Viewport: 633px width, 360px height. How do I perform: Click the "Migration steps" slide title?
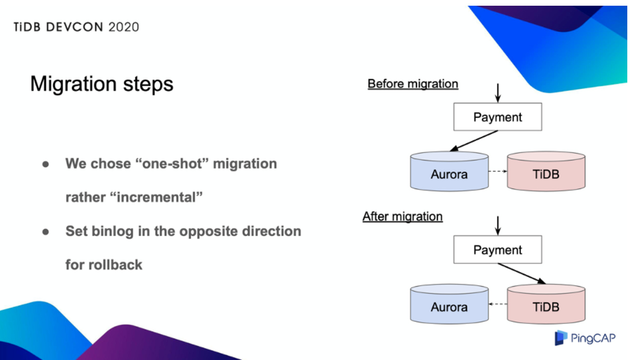pos(102,84)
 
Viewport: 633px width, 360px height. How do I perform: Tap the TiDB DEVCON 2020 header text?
pos(77,27)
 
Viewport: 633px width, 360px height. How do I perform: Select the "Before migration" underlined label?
pos(413,84)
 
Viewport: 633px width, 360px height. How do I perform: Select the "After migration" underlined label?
pos(403,217)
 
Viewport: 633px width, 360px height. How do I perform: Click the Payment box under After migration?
pos(497,250)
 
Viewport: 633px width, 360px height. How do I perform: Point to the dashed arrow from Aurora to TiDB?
pos(498,171)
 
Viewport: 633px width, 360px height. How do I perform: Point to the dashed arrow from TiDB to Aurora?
pos(498,304)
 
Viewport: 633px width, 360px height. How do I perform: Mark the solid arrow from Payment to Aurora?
pos(474,141)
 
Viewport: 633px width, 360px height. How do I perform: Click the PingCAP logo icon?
pos(562,338)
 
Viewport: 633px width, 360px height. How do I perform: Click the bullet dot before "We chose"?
pos(46,164)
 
